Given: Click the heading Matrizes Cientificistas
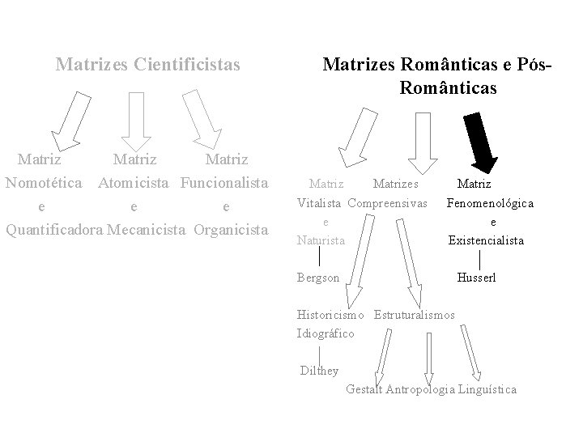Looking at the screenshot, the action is click(148, 63).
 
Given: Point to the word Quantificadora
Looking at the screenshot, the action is click(54, 229).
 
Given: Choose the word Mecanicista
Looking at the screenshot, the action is click(147, 229).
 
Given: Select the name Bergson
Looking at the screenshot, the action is click(318, 277).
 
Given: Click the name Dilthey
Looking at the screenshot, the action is click(318, 371).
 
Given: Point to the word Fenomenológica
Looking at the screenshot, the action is click(490, 203).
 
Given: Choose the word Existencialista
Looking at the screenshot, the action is click(486, 240).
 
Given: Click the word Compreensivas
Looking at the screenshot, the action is click(388, 202).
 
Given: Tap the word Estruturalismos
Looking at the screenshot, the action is click(415, 314).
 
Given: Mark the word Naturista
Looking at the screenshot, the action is click(321, 240).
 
